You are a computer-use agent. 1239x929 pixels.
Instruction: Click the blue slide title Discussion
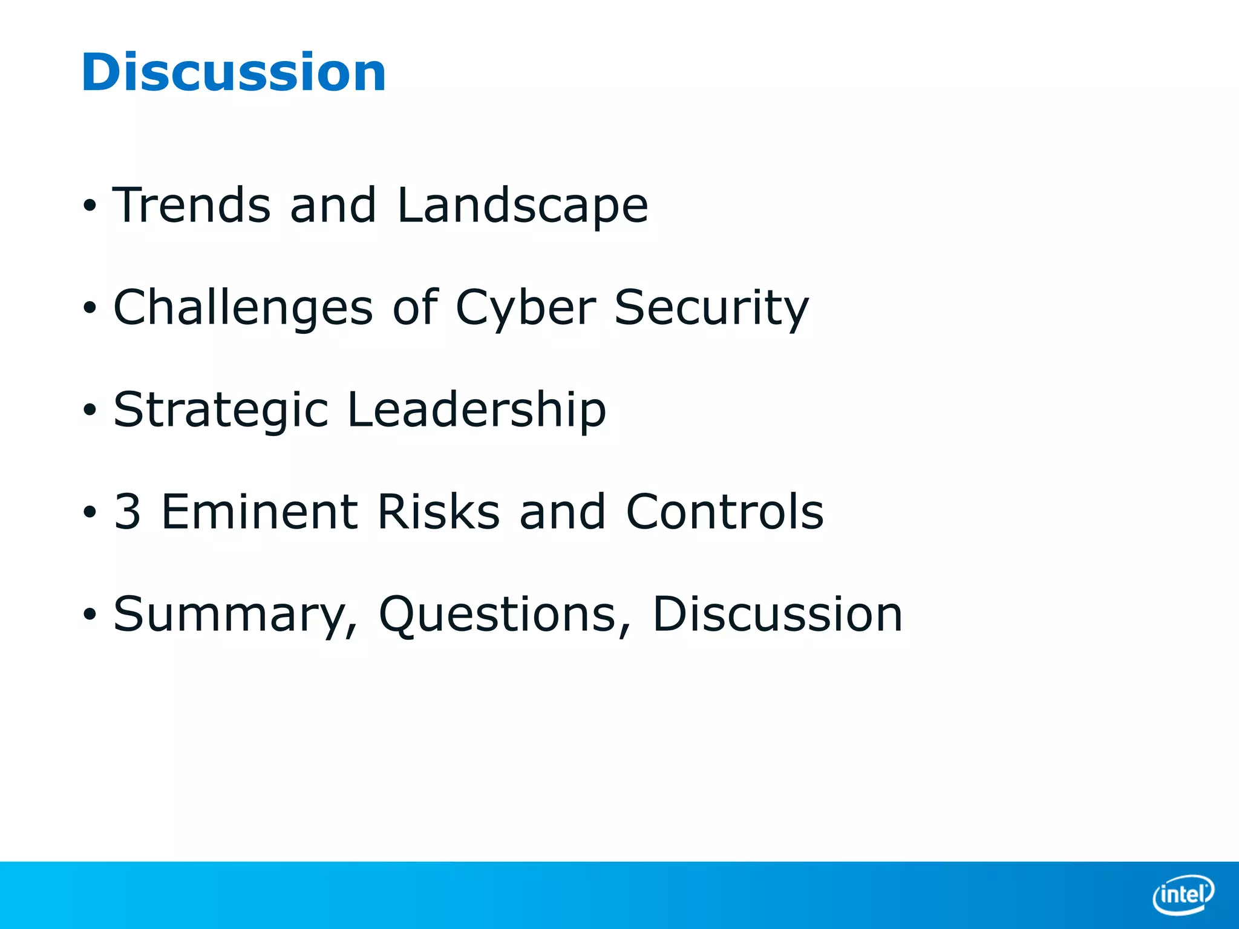coord(234,73)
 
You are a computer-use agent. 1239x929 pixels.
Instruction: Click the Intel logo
coord(1183,894)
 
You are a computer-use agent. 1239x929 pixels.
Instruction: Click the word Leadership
coord(476,410)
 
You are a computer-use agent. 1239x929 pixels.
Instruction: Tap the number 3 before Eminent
coord(128,512)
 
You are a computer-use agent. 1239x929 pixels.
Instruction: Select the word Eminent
coord(260,512)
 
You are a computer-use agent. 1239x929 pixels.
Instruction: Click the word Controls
coord(724,512)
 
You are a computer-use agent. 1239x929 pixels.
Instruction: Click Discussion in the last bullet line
coord(777,614)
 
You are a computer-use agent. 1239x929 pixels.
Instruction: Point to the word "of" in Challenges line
coord(414,307)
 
